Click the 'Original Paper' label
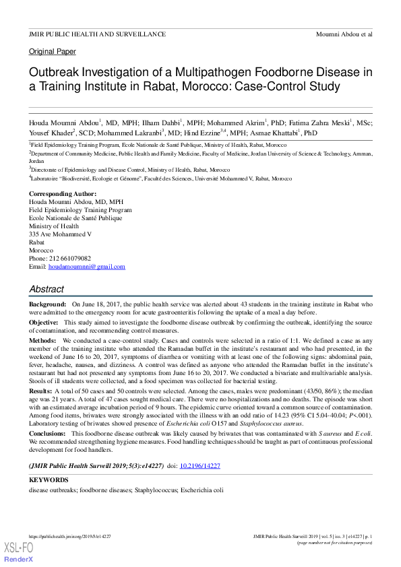[53, 51]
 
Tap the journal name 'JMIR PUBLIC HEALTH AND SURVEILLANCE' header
[97, 33]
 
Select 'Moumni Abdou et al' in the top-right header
[344, 33]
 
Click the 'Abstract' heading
[47, 290]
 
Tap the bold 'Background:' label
[47, 305]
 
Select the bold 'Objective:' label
[44, 323]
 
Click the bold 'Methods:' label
[42, 341]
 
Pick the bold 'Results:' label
[40, 391]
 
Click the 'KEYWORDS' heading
[49, 479]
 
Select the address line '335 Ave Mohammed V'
[60, 234]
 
